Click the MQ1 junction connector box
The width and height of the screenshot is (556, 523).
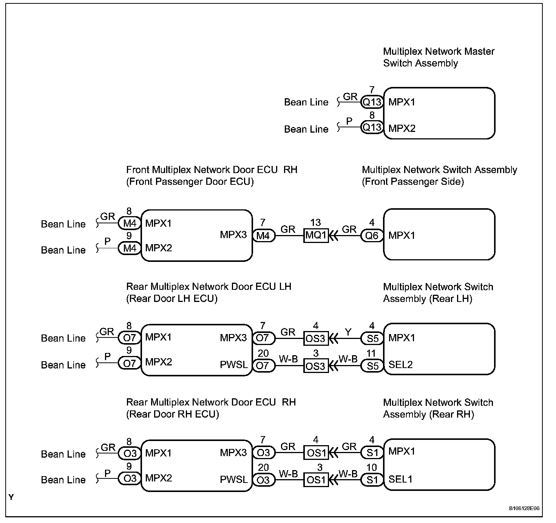tap(316, 236)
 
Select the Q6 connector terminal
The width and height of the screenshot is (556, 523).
tap(372, 236)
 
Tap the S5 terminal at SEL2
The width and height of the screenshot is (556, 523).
tap(372, 365)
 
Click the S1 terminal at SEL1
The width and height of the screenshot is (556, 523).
tap(372, 480)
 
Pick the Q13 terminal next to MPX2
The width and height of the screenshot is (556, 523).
tap(372, 128)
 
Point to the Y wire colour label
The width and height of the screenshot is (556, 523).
tap(348, 332)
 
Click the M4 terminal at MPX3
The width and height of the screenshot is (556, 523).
tap(263, 236)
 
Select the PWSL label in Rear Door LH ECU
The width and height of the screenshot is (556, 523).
tap(234, 365)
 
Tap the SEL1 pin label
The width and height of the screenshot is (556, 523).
tap(400, 480)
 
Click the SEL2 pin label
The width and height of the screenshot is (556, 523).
tap(400, 365)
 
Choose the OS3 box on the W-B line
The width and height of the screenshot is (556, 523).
tap(316, 366)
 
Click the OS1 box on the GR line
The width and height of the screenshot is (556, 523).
tap(316, 453)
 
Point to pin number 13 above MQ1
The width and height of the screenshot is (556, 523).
tap(315, 223)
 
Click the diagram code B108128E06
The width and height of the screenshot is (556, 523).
tap(524, 508)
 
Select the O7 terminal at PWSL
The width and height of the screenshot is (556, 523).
tap(263, 366)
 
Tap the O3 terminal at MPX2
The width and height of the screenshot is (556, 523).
tap(130, 479)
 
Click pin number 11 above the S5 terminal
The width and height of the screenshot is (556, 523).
tap(371, 354)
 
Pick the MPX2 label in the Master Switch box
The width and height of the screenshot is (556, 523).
tap(402, 128)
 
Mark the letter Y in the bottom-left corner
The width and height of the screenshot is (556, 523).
tap(11, 498)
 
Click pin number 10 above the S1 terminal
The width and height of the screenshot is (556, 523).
tap(371, 467)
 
